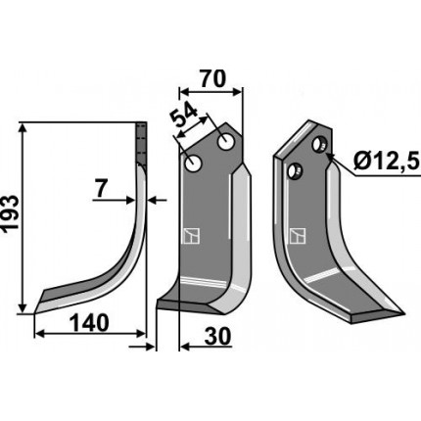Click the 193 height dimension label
(x=10, y=213)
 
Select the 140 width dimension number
(x=89, y=323)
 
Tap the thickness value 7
(x=101, y=189)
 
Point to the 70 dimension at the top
(x=212, y=78)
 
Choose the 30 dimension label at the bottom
(x=217, y=337)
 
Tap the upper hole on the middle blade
(x=225, y=142)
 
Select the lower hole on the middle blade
(x=194, y=163)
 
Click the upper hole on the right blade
(x=319, y=144)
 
